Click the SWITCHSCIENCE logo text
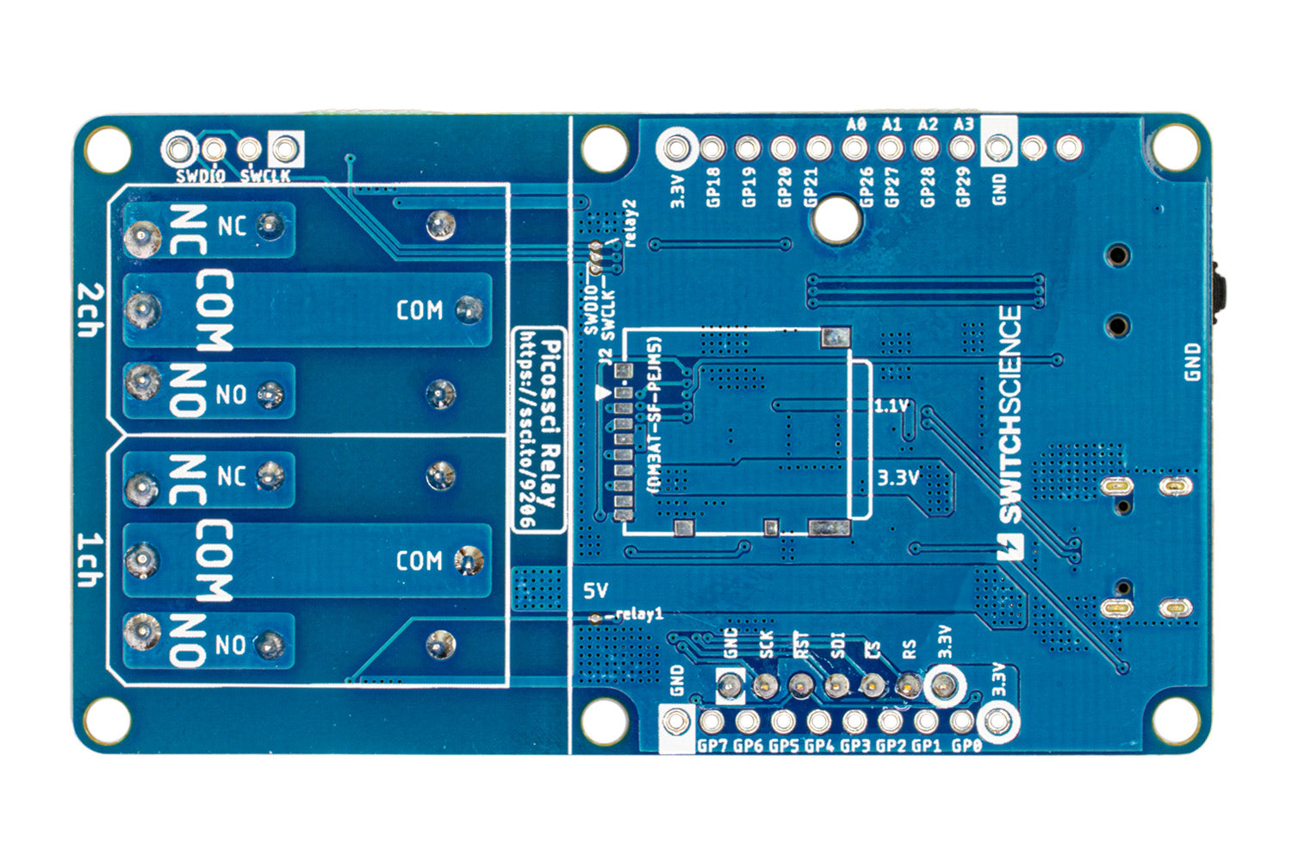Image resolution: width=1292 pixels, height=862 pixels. point(1009,415)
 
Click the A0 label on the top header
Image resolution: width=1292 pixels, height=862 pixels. point(855,124)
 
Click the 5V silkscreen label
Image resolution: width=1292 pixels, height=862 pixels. point(595,590)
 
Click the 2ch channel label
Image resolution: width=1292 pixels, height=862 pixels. point(87,310)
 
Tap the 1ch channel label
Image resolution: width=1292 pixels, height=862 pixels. point(87,560)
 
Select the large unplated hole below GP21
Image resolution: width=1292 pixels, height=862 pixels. point(835,220)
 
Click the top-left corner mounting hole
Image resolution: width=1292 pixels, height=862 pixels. point(107,148)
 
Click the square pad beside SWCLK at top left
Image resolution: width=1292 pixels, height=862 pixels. point(285,149)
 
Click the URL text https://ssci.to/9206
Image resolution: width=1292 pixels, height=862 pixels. point(531,431)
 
